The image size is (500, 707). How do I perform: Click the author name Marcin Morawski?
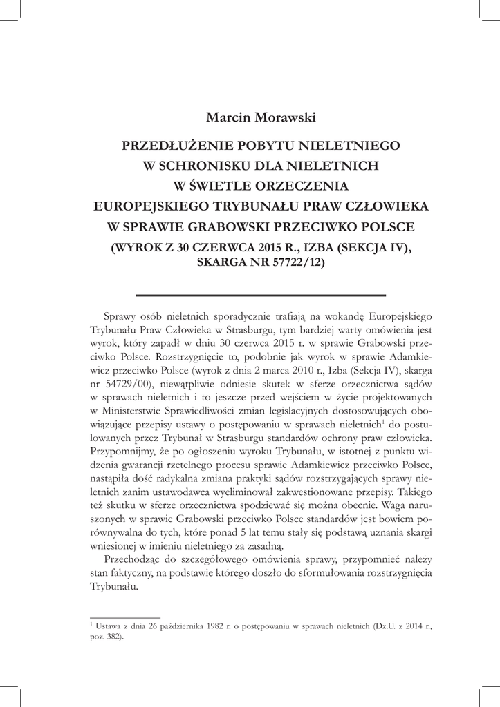coord(260,117)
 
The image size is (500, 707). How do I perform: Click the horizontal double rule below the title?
coord(261,295)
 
